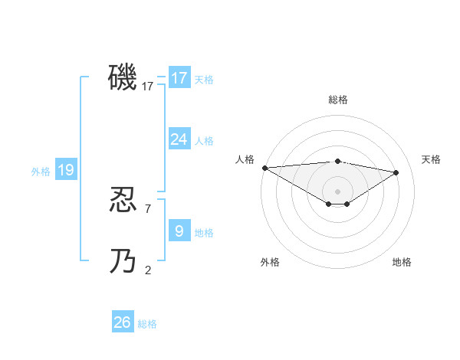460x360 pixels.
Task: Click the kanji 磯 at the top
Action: (x=123, y=77)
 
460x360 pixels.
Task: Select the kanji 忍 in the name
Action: (x=123, y=201)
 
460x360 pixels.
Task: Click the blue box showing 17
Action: (x=179, y=78)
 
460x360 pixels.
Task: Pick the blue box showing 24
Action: (x=179, y=139)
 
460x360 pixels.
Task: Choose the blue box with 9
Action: (x=179, y=231)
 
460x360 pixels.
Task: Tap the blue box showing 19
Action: (x=65, y=170)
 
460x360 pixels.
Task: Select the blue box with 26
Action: (x=122, y=322)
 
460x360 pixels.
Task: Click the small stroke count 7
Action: (x=148, y=208)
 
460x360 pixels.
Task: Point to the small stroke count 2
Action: (x=148, y=270)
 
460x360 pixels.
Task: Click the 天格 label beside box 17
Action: (x=204, y=79)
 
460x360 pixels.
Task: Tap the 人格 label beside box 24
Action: (x=204, y=141)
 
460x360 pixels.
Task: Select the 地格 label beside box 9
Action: (x=204, y=233)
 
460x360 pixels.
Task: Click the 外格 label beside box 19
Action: (x=41, y=172)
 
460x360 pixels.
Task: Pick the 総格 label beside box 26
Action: (x=147, y=324)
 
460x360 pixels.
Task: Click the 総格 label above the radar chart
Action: (x=337, y=100)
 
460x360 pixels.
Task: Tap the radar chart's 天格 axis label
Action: (x=431, y=159)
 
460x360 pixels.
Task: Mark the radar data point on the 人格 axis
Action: (x=264, y=168)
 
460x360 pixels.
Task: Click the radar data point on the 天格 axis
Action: (x=396, y=172)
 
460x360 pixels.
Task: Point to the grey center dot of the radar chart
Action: (x=337, y=191)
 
